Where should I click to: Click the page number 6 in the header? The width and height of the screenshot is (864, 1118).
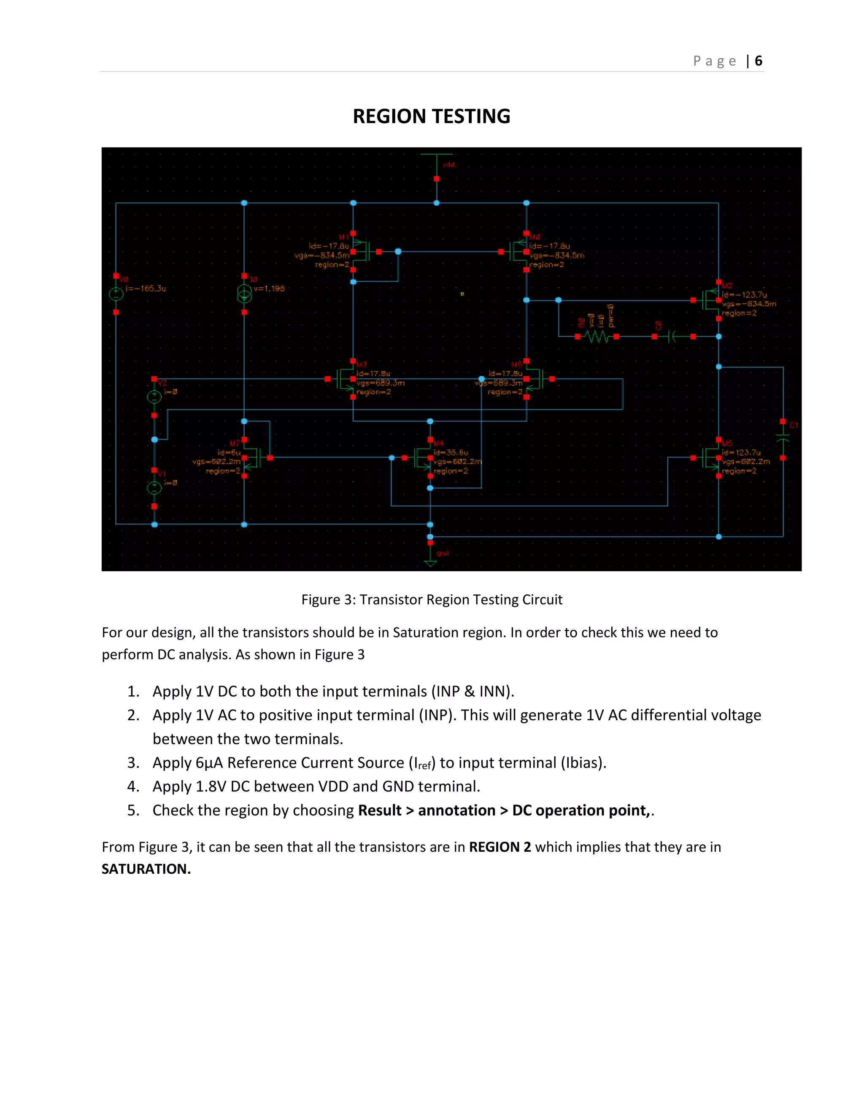758,61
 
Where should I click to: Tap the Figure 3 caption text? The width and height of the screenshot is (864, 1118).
432,600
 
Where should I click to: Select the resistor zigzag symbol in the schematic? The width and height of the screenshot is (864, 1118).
597,337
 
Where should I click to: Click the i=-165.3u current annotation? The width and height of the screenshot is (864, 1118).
146,289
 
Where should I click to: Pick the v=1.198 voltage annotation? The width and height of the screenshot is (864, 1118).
269,289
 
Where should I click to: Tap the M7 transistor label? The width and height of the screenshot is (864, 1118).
235,443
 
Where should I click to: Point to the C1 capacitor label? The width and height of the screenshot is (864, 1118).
794,425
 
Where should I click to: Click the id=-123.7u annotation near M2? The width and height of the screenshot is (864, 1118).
744,295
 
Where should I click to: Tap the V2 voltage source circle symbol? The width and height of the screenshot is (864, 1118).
154,397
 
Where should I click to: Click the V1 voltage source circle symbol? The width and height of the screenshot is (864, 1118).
154,488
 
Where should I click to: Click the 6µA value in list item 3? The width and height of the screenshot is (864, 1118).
209,763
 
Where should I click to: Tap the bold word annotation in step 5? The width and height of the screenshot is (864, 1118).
456,810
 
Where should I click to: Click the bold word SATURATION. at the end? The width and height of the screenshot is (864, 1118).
146,869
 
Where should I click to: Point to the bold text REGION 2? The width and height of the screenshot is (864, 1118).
499,847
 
